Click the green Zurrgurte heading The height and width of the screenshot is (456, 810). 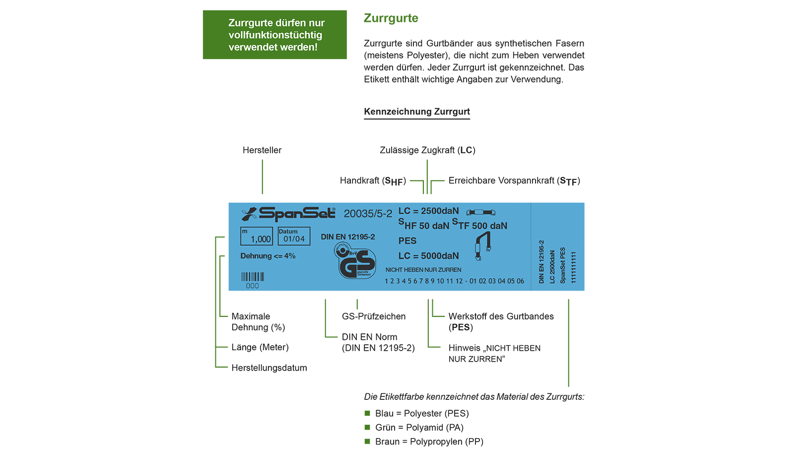[391, 18]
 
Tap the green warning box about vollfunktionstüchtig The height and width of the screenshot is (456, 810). [274, 35]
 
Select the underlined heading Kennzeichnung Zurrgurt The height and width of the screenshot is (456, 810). [416, 112]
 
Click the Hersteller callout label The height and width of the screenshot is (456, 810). [262, 150]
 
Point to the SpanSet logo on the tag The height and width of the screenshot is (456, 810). [288, 214]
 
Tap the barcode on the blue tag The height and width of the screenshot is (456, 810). [253, 277]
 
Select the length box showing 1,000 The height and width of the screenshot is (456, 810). [256, 236]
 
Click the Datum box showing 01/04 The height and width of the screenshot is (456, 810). [294, 236]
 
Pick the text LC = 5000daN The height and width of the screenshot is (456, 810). [428, 256]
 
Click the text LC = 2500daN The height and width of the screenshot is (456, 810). [428, 211]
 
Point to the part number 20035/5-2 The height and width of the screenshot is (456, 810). [367, 214]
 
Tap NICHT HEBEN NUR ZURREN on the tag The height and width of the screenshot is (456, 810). [423, 270]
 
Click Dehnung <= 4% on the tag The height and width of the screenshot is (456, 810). [268, 256]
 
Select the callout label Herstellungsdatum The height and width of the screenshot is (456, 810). [269, 368]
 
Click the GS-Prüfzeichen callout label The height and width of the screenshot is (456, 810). [373, 316]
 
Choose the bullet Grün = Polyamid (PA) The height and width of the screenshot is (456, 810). [419, 428]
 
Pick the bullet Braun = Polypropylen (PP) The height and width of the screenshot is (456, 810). [429, 442]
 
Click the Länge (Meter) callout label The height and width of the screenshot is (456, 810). [260, 347]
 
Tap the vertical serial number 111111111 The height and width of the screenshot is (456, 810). [573, 267]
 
